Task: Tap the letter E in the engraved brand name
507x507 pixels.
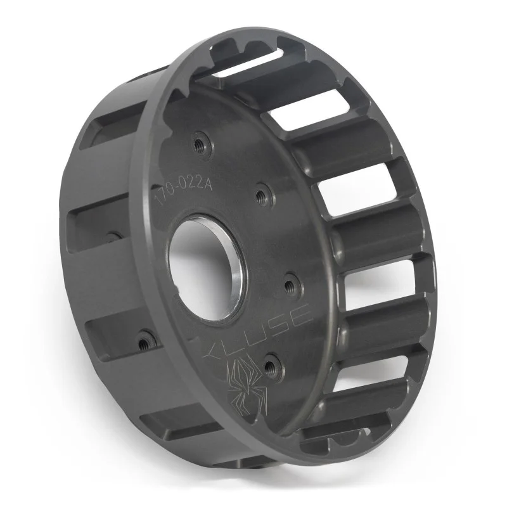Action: pos(300,314)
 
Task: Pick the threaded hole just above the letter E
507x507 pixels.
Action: pos(291,281)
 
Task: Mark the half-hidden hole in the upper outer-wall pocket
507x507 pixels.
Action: pos(114,236)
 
